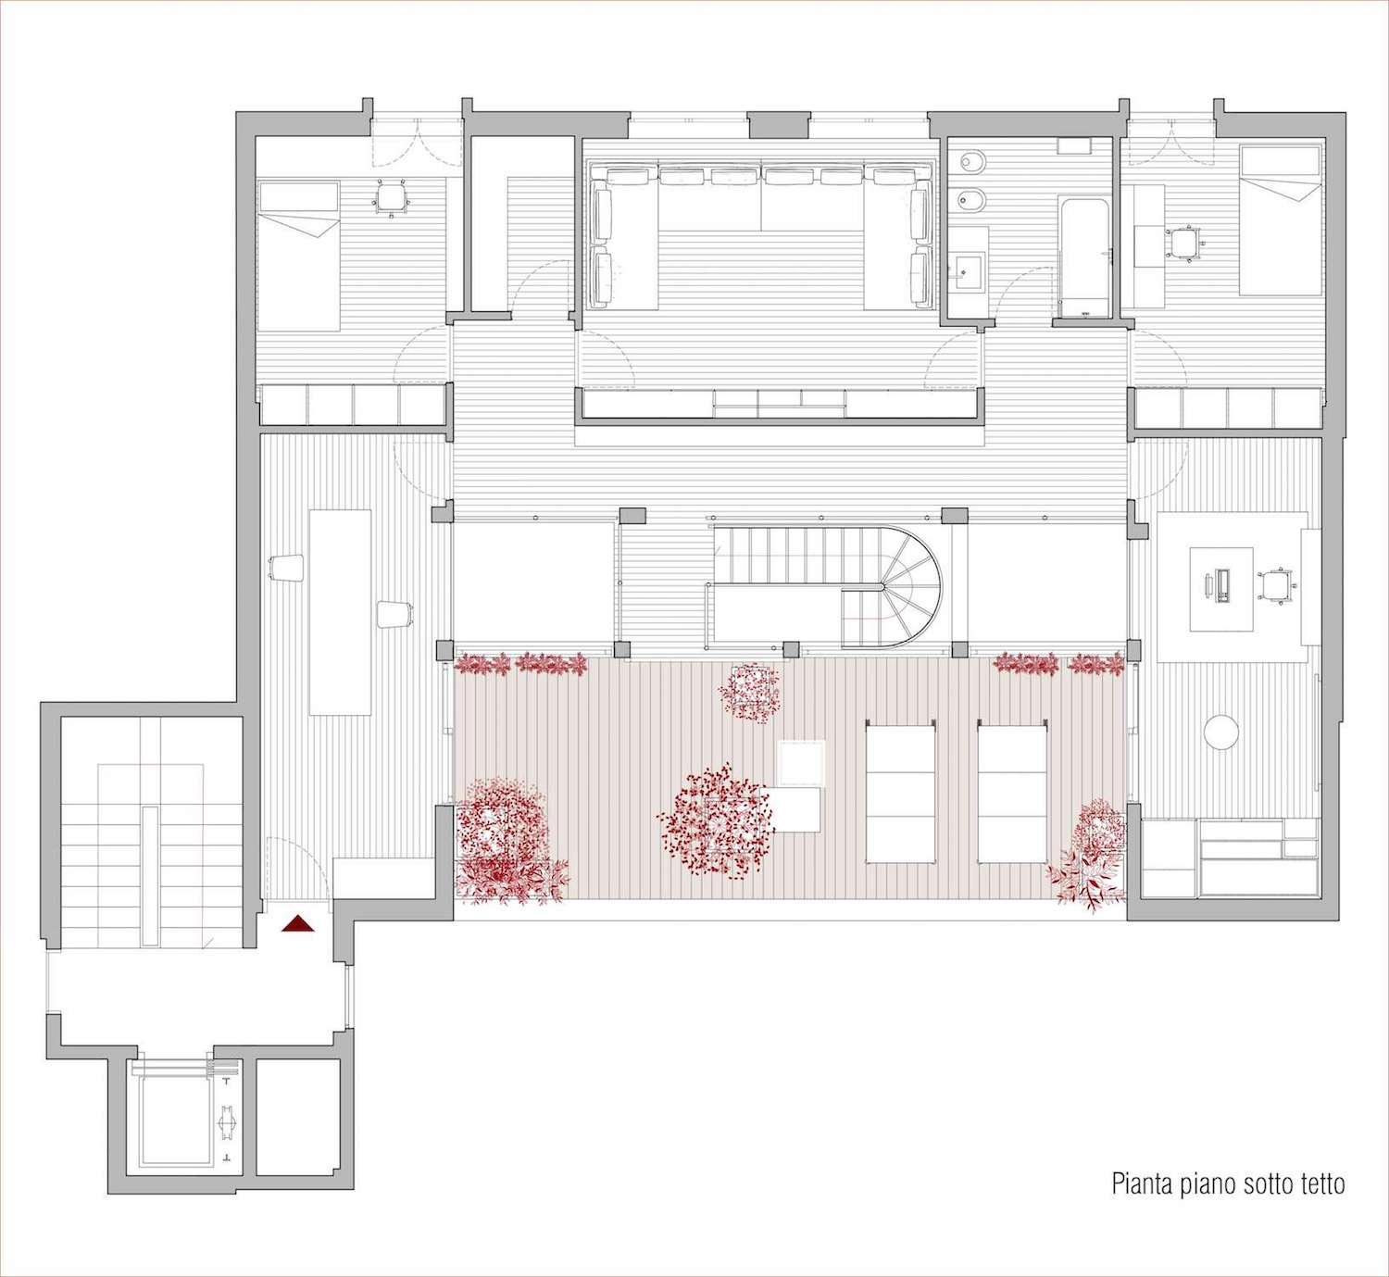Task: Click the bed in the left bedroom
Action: (298, 256)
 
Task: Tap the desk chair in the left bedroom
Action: (392, 197)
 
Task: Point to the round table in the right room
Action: (1221, 732)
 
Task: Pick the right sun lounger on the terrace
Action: (1013, 792)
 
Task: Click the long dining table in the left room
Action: (340, 611)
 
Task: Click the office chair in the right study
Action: (1276, 586)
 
